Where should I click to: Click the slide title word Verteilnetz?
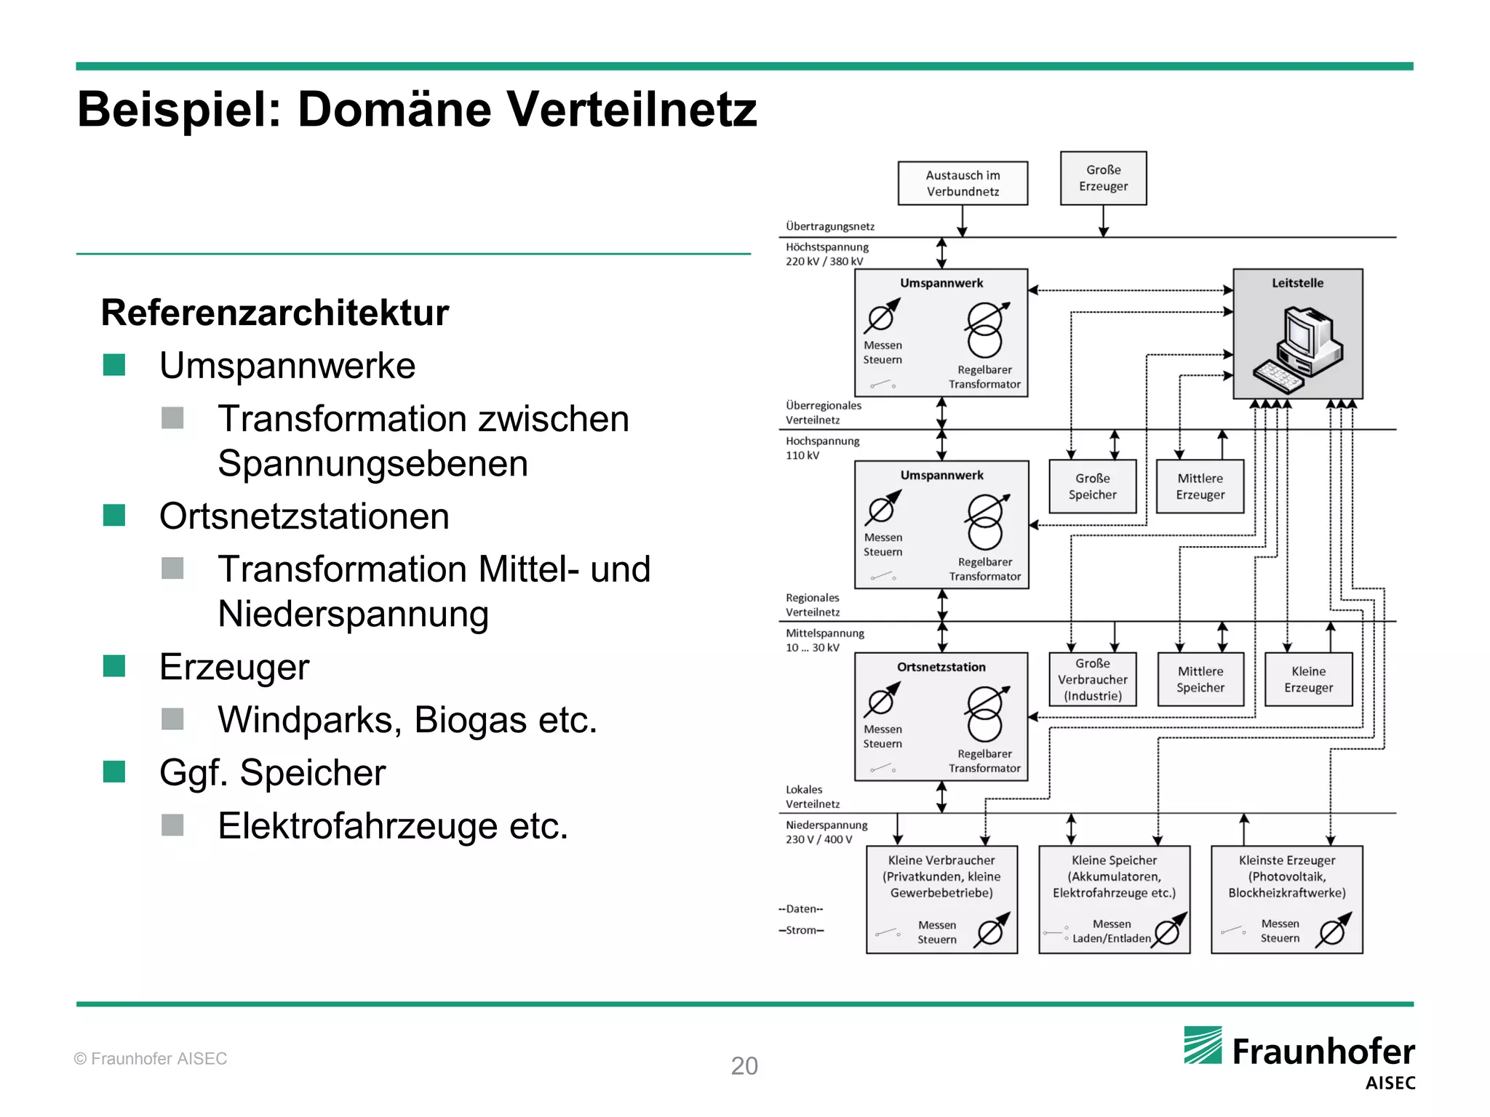(632, 111)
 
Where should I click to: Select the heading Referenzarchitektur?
(275, 313)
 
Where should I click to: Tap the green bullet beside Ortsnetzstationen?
(114, 516)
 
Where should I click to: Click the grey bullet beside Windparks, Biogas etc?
(172, 719)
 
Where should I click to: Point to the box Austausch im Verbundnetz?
(963, 183)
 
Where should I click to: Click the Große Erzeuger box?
(1103, 178)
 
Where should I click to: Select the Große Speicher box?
(1092, 487)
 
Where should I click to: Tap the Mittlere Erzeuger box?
(1200, 487)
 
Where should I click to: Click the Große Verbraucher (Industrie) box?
(1092, 679)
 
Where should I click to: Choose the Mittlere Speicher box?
(1200, 679)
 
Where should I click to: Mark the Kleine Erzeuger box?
(1308, 679)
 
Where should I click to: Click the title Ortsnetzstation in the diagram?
(941, 667)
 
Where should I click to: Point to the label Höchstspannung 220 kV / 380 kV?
(826, 255)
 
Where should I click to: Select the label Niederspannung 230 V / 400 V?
(826, 832)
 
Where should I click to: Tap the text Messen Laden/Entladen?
(1111, 932)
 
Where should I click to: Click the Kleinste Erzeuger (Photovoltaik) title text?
(1286, 876)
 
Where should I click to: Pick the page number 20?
(744, 1066)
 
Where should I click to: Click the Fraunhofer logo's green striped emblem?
(1203, 1046)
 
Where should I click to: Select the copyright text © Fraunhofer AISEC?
(151, 1059)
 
